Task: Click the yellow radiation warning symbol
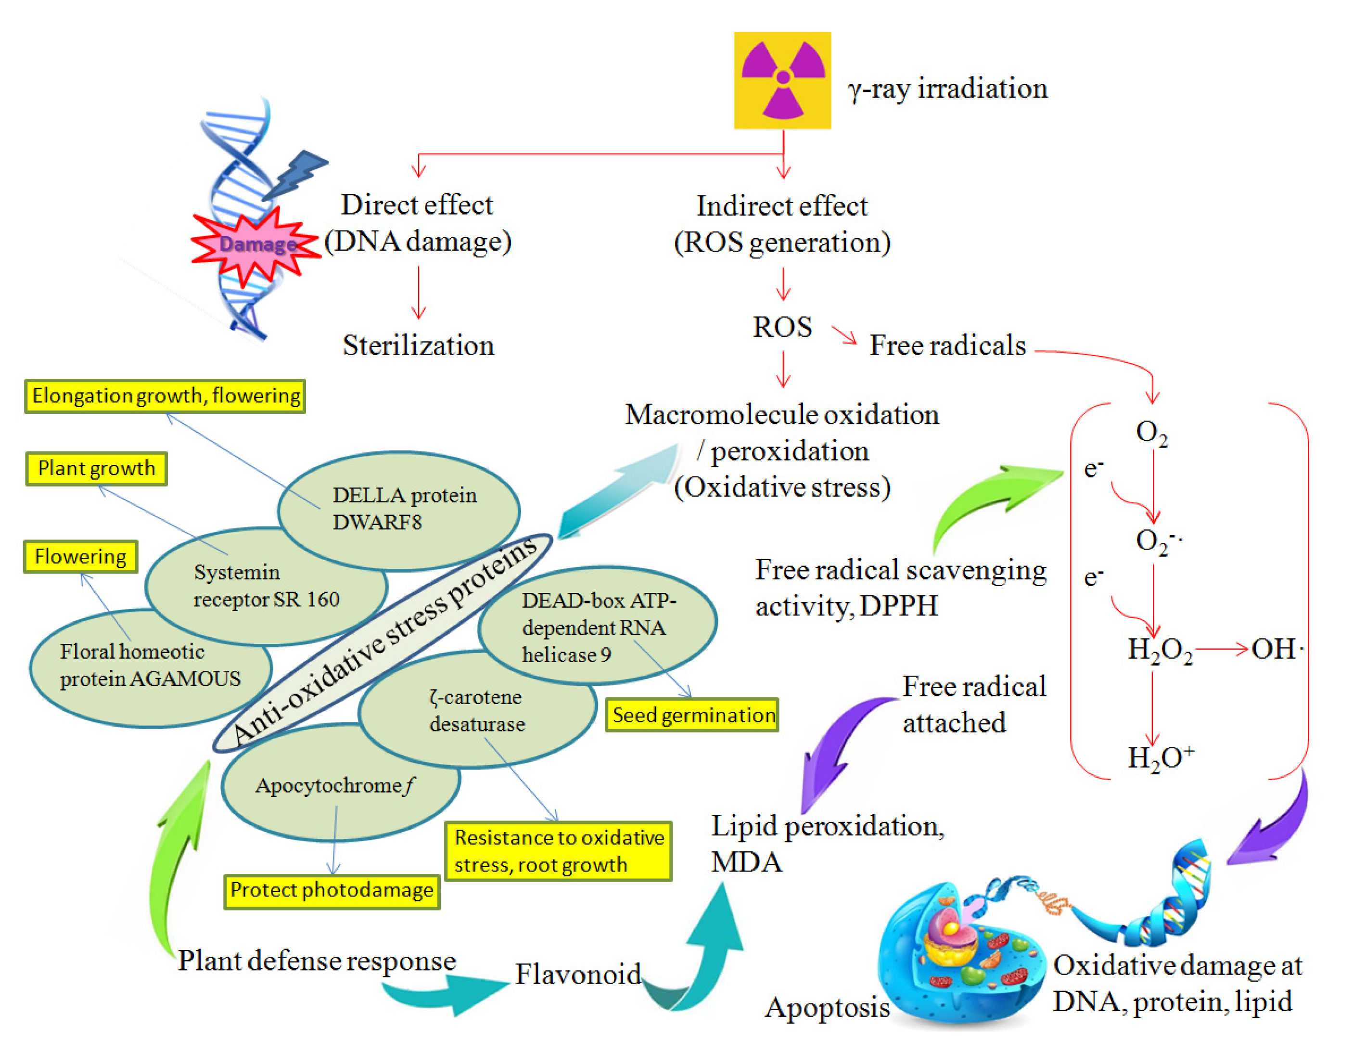pos(782,80)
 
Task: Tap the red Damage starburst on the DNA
pos(255,245)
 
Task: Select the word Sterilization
pos(418,346)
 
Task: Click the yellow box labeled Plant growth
pos(96,468)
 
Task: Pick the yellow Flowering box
pos(80,556)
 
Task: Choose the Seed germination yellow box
pos(692,715)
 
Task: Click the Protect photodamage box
pos(332,890)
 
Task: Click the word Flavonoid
pos(577,974)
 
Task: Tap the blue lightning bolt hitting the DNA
pos(296,175)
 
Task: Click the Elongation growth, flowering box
pos(166,396)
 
